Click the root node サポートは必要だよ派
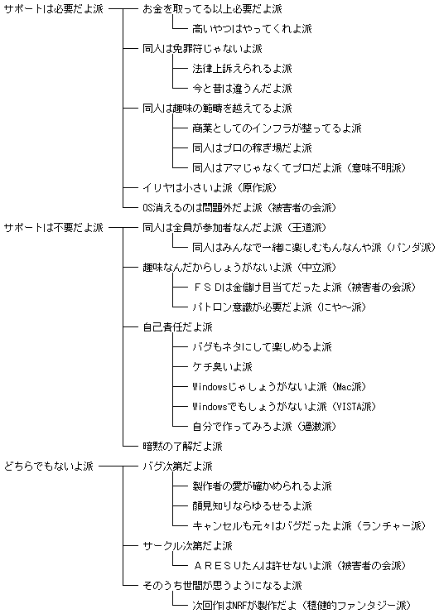[54, 8]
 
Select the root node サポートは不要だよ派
[54, 227]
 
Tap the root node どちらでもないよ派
[49, 466]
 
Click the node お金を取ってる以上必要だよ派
[212, 8]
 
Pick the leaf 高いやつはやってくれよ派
[252, 28]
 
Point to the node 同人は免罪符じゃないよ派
[202, 49]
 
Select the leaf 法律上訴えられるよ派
[242, 69]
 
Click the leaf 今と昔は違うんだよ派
[242, 88]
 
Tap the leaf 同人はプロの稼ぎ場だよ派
[252, 148]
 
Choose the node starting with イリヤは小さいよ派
[210, 187]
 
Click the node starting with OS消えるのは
[239, 207]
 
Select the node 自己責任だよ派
[177, 326]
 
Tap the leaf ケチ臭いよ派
[222, 366]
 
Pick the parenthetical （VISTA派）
[352, 407]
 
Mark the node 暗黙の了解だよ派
[182, 446]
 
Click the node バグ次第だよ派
[177, 466]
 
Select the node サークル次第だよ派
[187, 545]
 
